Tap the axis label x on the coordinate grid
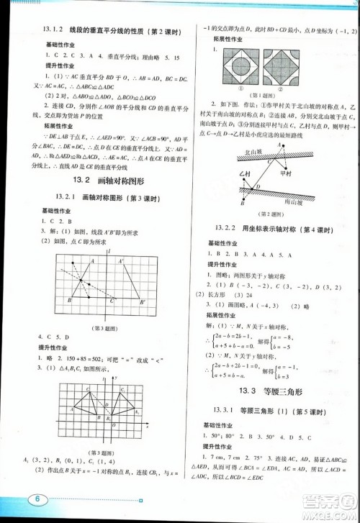tap(147, 426)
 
